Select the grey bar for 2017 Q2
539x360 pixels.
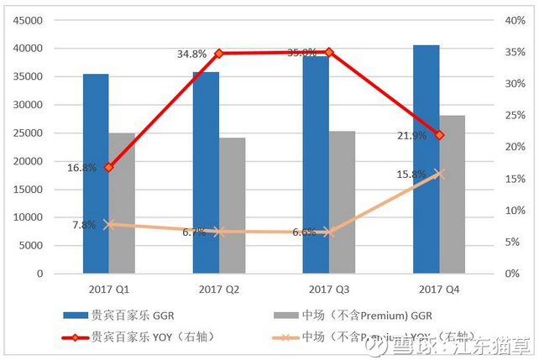click(x=233, y=206)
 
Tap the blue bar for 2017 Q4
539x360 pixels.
click(x=426, y=159)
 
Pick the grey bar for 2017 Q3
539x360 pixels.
click(x=343, y=202)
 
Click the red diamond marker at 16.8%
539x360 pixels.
click(x=109, y=167)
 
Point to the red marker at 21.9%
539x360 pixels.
click(x=439, y=135)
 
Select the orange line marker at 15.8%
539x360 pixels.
click(x=439, y=174)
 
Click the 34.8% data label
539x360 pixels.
click(x=191, y=54)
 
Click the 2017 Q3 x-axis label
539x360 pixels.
click(x=329, y=290)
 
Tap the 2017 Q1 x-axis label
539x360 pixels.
click(x=109, y=290)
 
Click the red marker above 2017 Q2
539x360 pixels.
click(x=219, y=53)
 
